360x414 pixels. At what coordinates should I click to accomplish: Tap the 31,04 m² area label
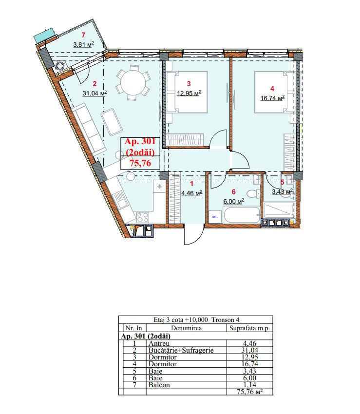[x=95, y=93]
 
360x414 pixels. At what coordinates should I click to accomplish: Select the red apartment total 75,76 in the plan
[x=140, y=163]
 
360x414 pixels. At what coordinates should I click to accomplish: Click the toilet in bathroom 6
[x=253, y=193]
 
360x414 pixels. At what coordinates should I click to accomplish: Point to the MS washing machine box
[x=215, y=217]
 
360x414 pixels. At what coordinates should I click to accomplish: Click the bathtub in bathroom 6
[x=242, y=215]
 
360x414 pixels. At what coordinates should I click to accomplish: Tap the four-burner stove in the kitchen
[x=142, y=217]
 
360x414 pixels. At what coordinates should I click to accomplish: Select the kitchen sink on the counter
[x=120, y=200]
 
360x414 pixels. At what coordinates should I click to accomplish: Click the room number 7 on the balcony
[x=83, y=35]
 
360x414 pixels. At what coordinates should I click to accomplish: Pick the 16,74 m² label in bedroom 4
[x=272, y=98]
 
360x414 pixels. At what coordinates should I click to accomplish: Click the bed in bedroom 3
[x=187, y=93]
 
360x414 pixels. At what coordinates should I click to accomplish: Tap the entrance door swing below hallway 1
[x=194, y=234]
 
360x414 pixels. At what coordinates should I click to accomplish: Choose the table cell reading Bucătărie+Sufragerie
[x=181, y=350]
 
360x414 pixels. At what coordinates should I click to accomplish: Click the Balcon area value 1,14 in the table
[x=249, y=385]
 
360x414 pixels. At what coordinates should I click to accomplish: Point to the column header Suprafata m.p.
[x=249, y=328]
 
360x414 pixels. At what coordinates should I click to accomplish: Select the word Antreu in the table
[x=159, y=343]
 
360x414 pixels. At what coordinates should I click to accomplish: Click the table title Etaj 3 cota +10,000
[x=181, y=320]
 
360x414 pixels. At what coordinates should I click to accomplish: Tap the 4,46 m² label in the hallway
[x=192, y=193]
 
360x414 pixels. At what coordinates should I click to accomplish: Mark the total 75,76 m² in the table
[x=249, y=392]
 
